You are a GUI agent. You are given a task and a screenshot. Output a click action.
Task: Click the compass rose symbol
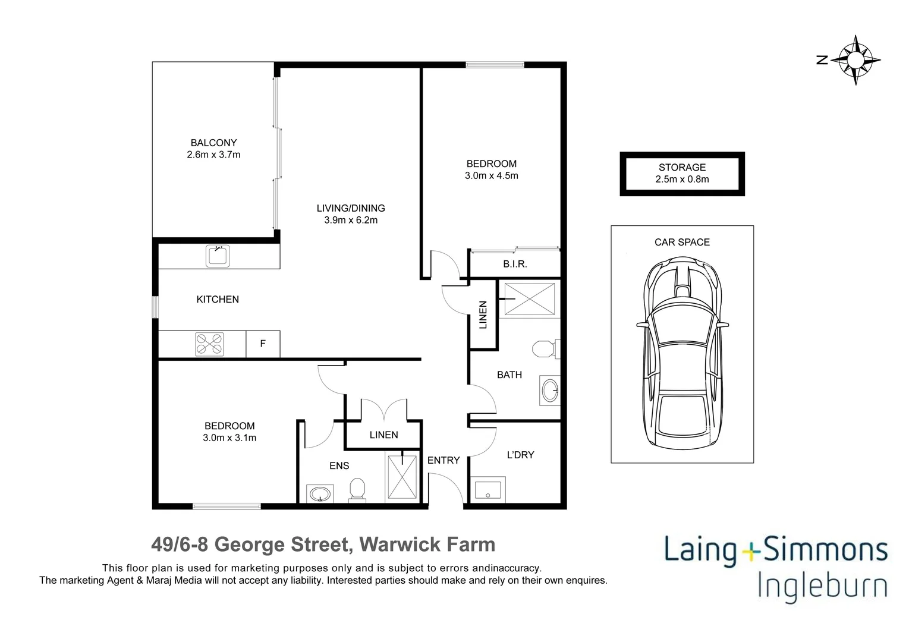coord(855,60)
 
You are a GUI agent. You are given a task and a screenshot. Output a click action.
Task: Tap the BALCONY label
coord(213,143)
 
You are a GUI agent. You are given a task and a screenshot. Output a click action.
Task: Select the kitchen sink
coord(218,256)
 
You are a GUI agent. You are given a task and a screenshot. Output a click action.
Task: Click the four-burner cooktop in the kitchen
coord(210,344)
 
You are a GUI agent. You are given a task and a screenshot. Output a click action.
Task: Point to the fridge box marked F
coord(263,344)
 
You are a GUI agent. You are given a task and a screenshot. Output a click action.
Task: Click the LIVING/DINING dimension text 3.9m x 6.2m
coord(351,220)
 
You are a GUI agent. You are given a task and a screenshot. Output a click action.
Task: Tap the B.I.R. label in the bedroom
coord(515,264)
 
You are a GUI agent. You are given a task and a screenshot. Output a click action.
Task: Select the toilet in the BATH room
coord(544,348)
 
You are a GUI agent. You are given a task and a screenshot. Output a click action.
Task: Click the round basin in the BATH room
coord(550,391)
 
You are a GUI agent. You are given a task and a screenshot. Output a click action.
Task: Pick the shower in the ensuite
coord(403,477)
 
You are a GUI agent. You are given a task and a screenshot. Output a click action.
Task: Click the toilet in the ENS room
coord(357,490)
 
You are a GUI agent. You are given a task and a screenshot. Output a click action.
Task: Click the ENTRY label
coord(444,460)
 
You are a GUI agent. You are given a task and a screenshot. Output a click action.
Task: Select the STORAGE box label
coord(682,168)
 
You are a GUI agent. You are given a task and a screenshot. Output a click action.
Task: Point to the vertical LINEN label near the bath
coord(483,314)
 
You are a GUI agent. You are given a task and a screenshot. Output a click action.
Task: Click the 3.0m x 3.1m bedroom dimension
coord(229,438)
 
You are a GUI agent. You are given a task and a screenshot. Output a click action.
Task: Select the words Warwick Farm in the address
coord(427,544)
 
